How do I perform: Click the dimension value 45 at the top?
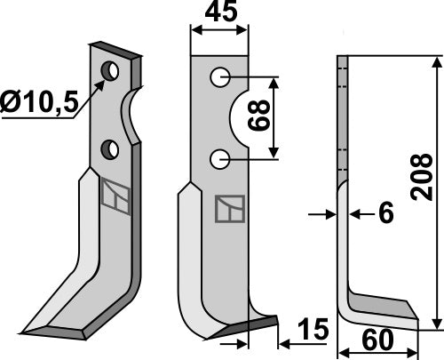[x=219, y=14]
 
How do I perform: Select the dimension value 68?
[x=264, y=115]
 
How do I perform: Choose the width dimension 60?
[x=378, y=341]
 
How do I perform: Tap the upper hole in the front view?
[x=219, y=78]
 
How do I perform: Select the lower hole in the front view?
[x=218, y=159]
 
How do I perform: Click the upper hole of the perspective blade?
[x=111, y=69]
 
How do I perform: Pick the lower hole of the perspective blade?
[x=111, y=148]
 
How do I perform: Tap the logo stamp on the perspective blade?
[x=115, y=195]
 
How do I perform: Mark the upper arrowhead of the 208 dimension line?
[x=436, y=62]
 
